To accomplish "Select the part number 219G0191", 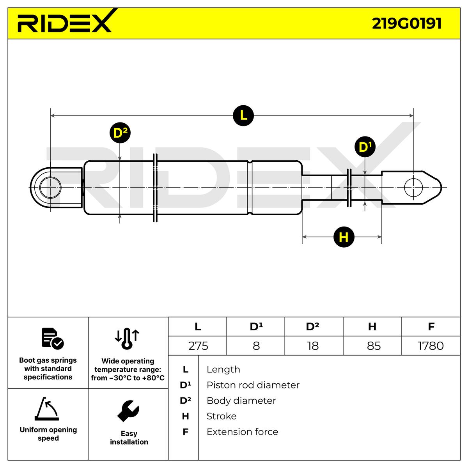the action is pyautogui.click(x=406, y=23).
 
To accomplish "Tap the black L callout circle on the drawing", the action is pyautogui.click(x=243, y=115).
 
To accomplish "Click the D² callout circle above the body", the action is pyautogui.click(x=120, y=133).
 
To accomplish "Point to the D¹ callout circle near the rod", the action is pyautogui.click(x=365, y=147).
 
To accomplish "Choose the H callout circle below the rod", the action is pyautogui.click(x=344, y=237).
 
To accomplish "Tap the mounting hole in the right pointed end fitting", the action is pyautogui.click(x=413, y=188).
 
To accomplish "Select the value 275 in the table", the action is pyautogui.click(x=198, y=346).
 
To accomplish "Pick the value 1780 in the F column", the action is pyautogui.click(x=431, y=346).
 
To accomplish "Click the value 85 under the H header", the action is pyautogui.click(x=373, y=346).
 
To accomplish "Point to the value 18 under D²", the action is pyautogui.click(x=313, y=346).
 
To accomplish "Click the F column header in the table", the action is pyautogui.click(x=431, y=326).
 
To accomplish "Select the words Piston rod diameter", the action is pyautogui.click(x=253, y=385).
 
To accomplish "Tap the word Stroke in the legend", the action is pyautogui.click(x=221, y=416).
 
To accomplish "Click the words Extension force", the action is pyautogui.click(x=242, y=432).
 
